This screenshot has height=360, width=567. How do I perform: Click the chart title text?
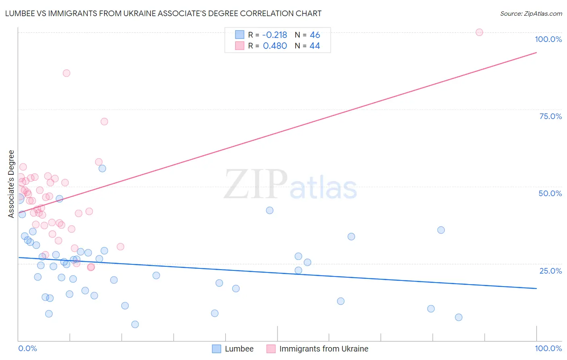click(163, 13)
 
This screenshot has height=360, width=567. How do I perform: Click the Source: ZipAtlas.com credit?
click(531, 13)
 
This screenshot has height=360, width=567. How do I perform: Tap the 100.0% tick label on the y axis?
click(548, 39)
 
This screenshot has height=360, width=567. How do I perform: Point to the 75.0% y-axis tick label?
click(550, 116)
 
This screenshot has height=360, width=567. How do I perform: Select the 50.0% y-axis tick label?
click(550, 193)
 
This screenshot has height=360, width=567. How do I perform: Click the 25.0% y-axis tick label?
click(550, 270)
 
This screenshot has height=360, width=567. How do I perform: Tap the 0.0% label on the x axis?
click(27, 349)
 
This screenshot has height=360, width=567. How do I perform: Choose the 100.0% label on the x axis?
click(548, 349)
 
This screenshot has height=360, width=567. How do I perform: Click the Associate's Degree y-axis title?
click(11, 184)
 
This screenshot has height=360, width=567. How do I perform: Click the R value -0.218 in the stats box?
click(275, 35)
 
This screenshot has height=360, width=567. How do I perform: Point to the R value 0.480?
click(275, 46)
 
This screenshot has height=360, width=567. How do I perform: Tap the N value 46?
click(315, 35)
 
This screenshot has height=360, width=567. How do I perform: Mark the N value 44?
click(315, 46)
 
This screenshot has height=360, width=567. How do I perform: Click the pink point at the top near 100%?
click(479, 32)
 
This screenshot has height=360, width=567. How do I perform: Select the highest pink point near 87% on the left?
click(67, 73)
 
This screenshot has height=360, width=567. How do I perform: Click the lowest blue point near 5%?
click(135, 324)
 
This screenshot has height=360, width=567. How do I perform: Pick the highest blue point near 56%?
click(102, 168)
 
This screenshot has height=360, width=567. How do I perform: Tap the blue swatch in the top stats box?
click(240, 35)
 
